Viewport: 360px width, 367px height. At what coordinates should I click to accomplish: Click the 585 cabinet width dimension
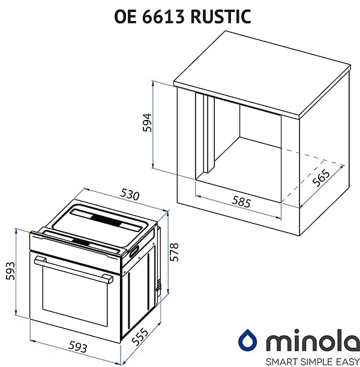pyautogui.click(x=241, y=202)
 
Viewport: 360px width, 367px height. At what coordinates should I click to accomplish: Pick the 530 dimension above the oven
pyautogui.click(x=129, y=195)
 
